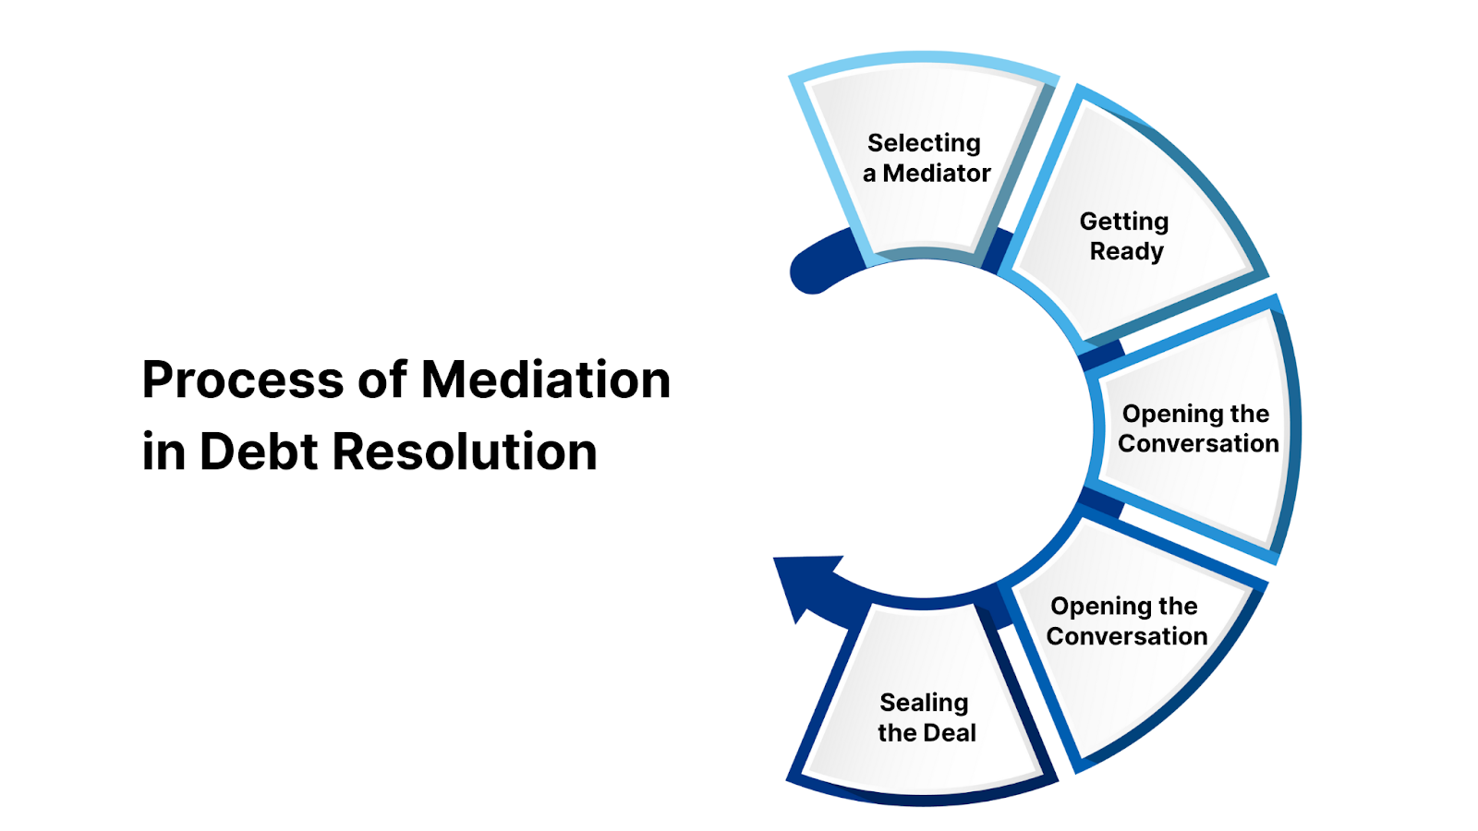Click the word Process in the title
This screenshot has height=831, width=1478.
tap(242, 380)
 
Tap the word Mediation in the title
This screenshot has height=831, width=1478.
tap(545, 379)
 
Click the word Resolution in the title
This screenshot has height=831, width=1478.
tap(464, 452)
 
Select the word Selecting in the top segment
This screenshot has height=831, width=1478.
tap(924, 143)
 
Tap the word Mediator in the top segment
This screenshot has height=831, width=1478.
tap(937, 174)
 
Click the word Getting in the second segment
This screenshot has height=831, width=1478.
tap(1124, 222)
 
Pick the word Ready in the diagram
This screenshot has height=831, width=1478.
tap(1126, 251)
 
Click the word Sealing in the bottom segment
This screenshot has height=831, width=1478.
tap(924, 703)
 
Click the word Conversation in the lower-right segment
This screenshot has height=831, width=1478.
tap(1127, 636)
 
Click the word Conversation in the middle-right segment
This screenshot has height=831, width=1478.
tap(1198, 444)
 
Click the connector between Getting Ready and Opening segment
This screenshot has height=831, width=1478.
tap(1102, 355)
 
